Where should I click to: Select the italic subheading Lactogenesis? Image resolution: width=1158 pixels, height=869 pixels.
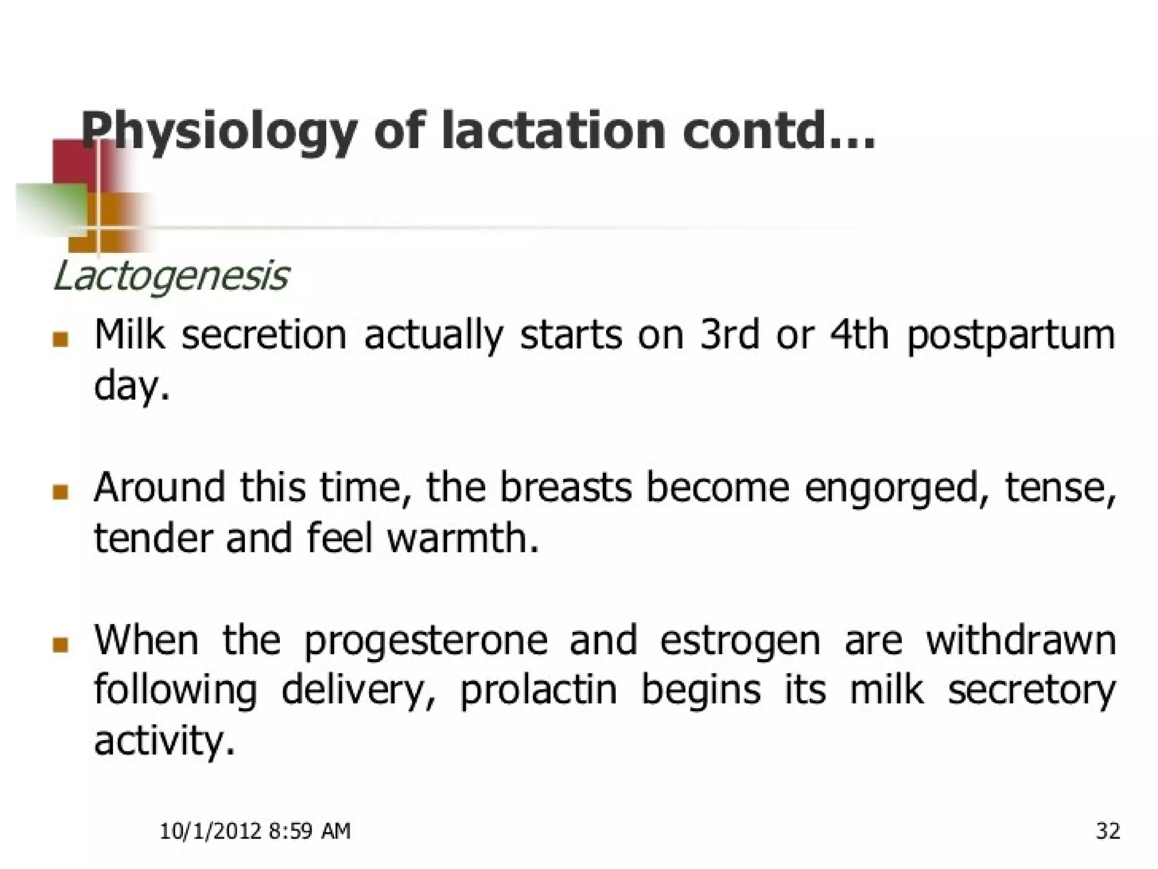tap(171, 277)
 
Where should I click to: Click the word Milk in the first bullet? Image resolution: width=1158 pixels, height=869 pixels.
tap(129, 335)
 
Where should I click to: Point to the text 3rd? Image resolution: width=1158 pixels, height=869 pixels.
tap(729, 335)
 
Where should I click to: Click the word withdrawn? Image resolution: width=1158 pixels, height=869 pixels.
tap(1021, 640)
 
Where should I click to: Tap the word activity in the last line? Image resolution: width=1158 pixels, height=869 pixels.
tap(164, 742)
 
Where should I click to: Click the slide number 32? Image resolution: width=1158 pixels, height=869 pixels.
tap(1108, 831)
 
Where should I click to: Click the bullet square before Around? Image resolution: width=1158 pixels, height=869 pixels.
tap(60, 492)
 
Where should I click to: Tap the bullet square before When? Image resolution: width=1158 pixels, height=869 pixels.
tap(60, 644)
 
